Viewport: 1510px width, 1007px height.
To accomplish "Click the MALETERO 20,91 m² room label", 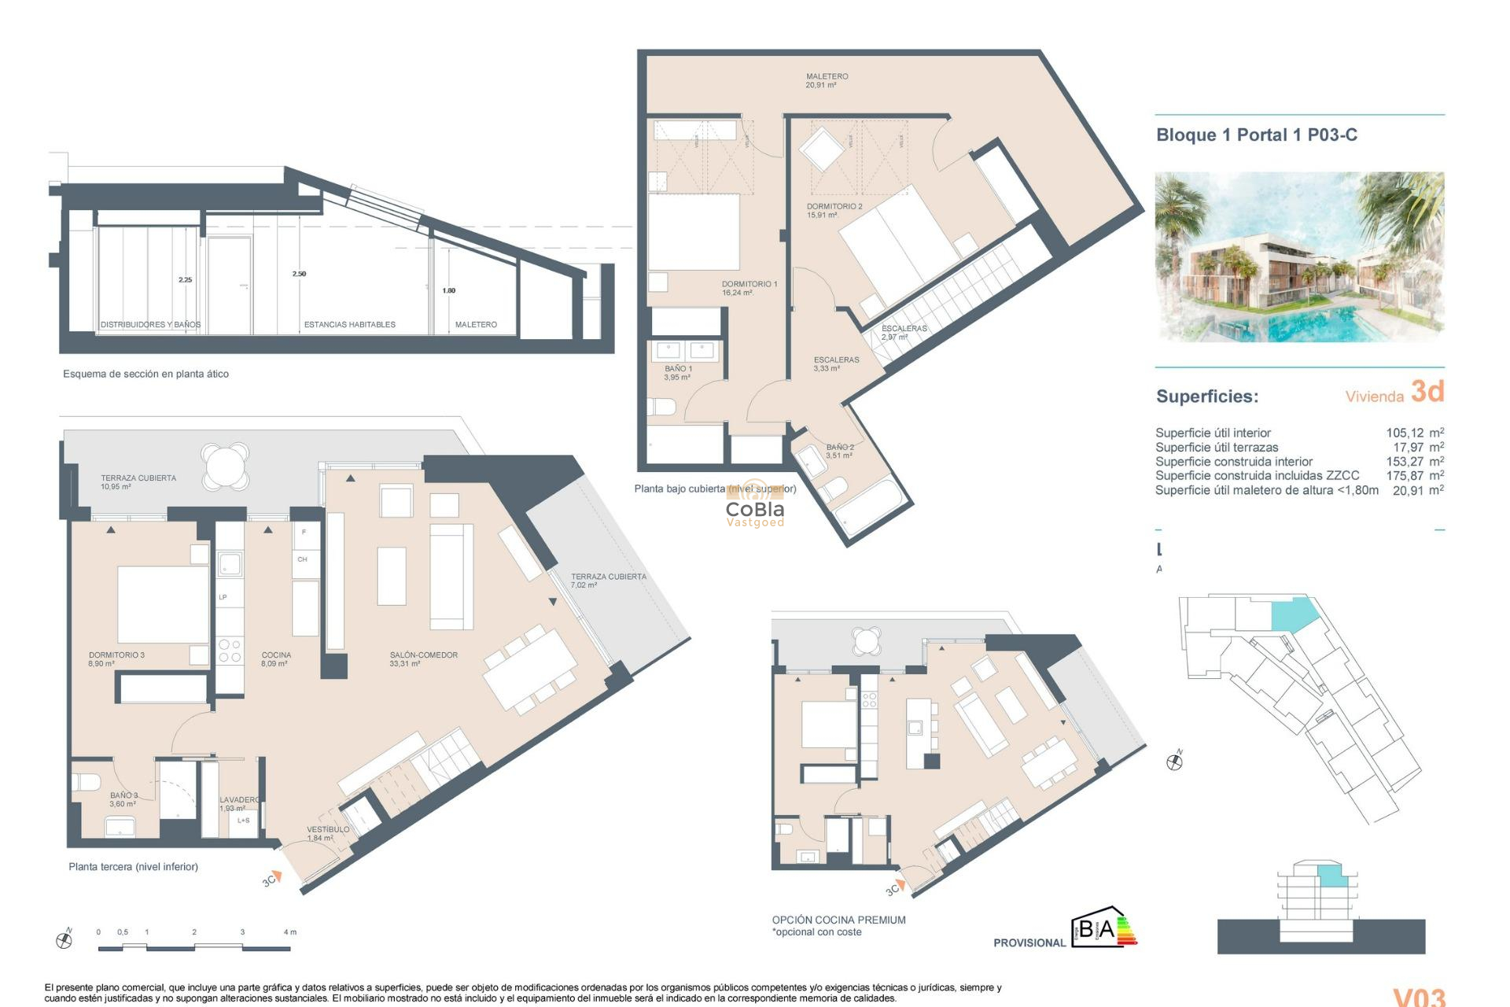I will [827, 81].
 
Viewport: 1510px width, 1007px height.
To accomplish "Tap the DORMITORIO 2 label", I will [834, 211].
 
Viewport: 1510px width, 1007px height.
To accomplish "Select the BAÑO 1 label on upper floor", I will [678, 373].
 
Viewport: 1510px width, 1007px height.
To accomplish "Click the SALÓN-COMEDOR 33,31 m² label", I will [423, 659].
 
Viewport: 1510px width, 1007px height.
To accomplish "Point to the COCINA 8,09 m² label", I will [276, 659].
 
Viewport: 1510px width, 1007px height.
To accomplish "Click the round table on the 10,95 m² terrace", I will [225, 467].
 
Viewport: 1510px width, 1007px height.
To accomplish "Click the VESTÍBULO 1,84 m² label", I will [327, 834].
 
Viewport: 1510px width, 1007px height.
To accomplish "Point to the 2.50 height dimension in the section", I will [299, 274].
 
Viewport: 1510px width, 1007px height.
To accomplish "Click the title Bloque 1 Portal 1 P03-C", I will [1256, 135].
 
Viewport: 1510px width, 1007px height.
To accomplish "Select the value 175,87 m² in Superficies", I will [1414, 476].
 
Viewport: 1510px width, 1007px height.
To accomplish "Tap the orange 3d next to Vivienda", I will [1427, 392].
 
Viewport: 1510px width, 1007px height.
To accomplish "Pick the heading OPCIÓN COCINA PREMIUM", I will [838, 920].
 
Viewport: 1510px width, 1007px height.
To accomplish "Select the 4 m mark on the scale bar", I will [289, 932].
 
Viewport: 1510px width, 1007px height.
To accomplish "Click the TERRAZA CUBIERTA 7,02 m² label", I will [608, 581].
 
